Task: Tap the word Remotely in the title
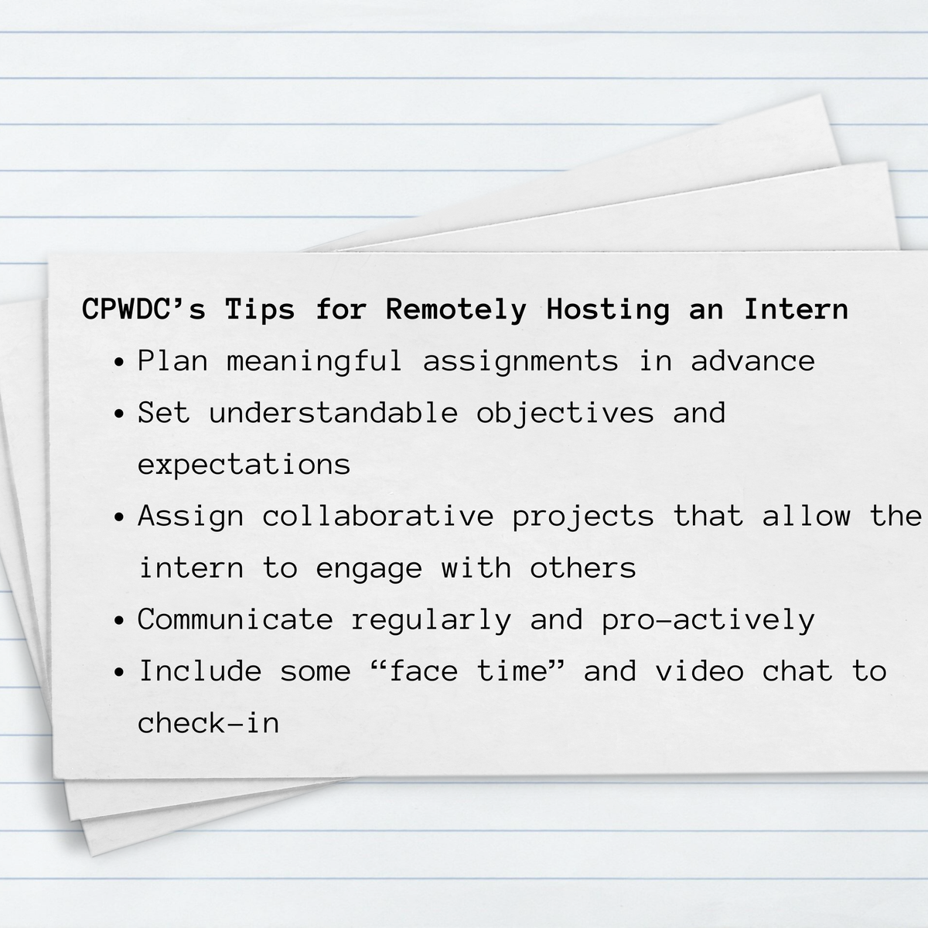456,309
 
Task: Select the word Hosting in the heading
608,309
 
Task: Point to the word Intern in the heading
797,309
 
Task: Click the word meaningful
315,361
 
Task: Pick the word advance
752,361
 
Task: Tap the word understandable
333,413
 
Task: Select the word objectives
565,413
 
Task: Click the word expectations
244,465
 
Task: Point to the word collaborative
377,516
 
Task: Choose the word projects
583,516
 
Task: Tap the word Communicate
235,619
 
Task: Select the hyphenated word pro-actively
708,619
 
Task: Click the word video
699,671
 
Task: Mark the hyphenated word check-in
208,723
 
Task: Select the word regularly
432,619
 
